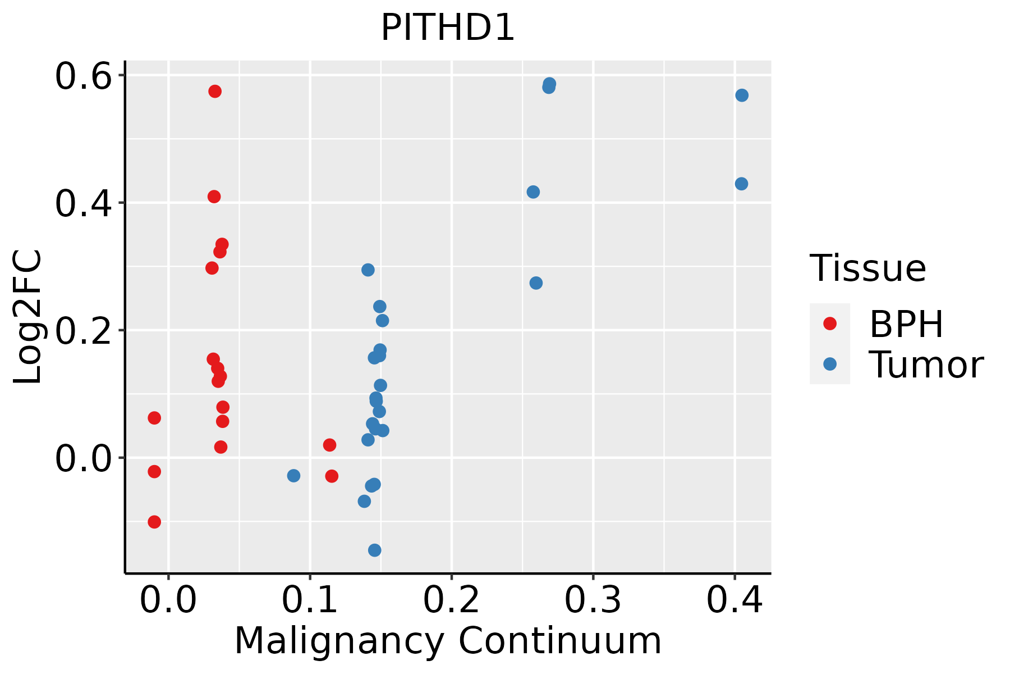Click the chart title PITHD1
[447, 28]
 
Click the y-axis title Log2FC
[28, 317]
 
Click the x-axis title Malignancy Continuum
[447, 641]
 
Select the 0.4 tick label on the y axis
[83, 203]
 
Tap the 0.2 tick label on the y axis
[83, 330]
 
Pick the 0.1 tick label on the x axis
[310, 600]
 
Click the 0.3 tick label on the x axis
[593, 600]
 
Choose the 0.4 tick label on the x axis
[734, 600]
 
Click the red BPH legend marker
[829, 324]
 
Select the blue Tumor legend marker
[829, 364]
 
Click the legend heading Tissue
[868, 268]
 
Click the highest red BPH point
[215, 92]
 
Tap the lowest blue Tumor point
[375, 550]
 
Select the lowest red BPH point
[154, 522]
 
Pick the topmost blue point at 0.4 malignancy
[742, 95]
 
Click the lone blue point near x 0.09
[293, 476]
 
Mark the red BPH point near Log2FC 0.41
[214, 197]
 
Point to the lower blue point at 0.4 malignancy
[741, 184]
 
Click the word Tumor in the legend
[926, 365]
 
